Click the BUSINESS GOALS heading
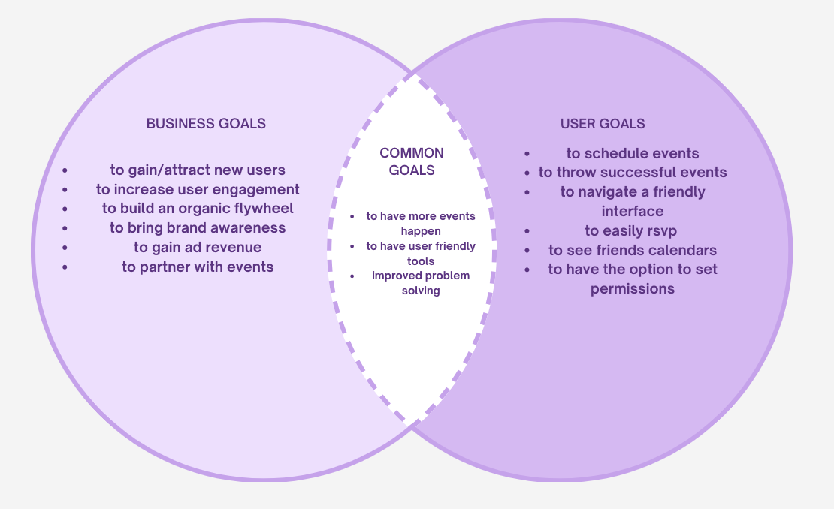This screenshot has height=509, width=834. (x=206, y=124)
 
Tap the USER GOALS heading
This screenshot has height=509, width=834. (x=603, y=124)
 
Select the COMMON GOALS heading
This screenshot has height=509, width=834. (x=412, y=161)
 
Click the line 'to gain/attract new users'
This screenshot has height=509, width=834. (x=198, y=170)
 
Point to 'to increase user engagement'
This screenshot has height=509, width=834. (x=198, y=190)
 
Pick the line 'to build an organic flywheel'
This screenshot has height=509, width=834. (x=198, y=209)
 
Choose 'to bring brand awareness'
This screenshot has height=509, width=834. (x=198, y=228)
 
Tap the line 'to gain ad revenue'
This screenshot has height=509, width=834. (x=198, y=248)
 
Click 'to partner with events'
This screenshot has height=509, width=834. (x=198, y=267)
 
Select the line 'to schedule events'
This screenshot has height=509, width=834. (x=633, y=154)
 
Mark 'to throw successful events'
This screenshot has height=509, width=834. (x=633, y=173)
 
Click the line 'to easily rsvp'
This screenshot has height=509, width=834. (x=631, y=231)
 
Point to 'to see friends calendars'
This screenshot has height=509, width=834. (x=633, y=251)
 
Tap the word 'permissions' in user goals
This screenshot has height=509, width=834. (x=633, y=289)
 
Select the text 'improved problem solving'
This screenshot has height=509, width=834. (x=421, y=283)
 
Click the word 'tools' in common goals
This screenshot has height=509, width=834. (x=421, y=261)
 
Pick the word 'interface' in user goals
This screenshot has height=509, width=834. (x=633, y=212)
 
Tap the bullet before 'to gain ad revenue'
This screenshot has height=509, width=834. (x=65, y=248)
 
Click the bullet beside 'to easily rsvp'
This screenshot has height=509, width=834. (x=528, y=231)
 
